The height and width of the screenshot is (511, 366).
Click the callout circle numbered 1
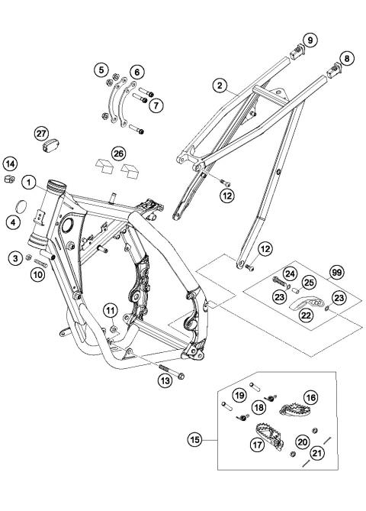[28, 183]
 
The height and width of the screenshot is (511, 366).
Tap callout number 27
[40, 133]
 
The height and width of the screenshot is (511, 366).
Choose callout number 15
[197, 440]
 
